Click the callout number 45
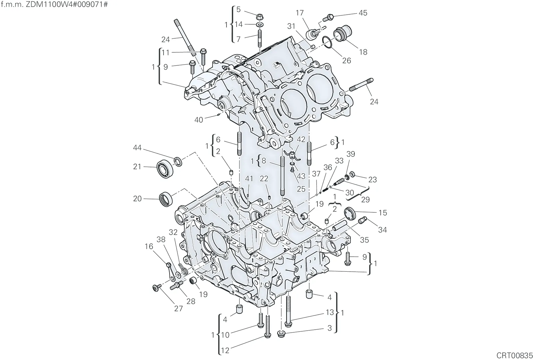click(x=363, y=13)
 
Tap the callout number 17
click(x=299, y=13)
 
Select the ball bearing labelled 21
click(x=165, y=168)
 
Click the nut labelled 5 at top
click(x=260, y=17)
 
